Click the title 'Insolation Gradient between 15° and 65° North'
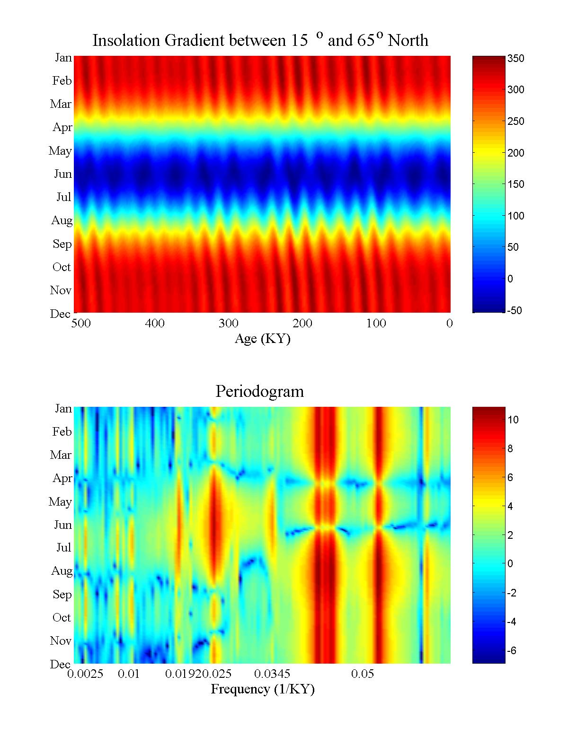(x=260, y=40)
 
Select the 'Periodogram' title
(x=259, y=391)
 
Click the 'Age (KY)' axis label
(x=262, y=339)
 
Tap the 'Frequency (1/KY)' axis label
(x=262, y=689)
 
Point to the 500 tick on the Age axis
(x=81, y=324)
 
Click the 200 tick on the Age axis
(x=302, y=324)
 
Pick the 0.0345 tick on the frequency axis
(x=272, y=674)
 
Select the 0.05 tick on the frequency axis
(x=363, y=674)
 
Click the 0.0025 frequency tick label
(x=85, y=674)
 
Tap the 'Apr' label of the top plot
(x=62, y=127)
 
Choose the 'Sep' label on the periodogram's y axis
(x=62, y=595)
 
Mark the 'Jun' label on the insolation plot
(x=63, y=174)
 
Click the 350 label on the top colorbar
(x=515, y=59)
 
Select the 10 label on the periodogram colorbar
(x=513, y=420)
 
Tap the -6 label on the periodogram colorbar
(x=512, y=651)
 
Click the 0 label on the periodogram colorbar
(x=510, y=563)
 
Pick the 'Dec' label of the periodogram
(x=61, y=664)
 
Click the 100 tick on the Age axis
(x=376, y=324)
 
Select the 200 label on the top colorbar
(x=515, y=153)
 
